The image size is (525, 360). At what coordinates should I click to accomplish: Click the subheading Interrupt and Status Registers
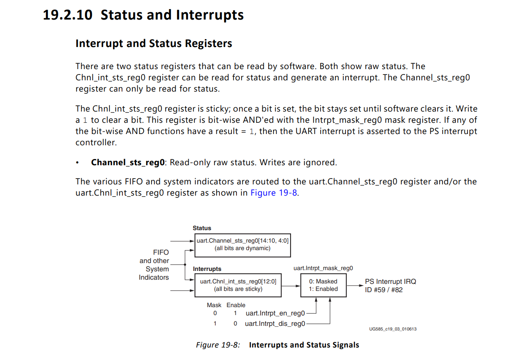[x=154, y=44]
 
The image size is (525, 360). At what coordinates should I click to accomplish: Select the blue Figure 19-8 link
[x=274, y=193]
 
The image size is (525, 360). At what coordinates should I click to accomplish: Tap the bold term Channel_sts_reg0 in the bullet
[x=128, y=162]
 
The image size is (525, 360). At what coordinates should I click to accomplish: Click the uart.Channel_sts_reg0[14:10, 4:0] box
[x=242, y=245]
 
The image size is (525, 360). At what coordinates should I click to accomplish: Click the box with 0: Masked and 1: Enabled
[x=323, y=285]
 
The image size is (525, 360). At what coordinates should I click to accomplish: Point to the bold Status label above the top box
[x=202, y=228]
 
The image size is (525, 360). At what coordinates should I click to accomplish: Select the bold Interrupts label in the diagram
[x=207, y=269]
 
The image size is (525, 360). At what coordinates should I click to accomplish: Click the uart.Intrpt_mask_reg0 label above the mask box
[x=323, y=268]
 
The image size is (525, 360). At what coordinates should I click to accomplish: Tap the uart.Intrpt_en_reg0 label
[x=275, y=313]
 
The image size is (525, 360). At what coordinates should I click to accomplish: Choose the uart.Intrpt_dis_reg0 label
[x=275, y=323]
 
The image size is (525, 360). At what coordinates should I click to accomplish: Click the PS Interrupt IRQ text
[x=390, y=282]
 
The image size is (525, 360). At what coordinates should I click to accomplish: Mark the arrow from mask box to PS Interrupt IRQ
[x=354, y=286]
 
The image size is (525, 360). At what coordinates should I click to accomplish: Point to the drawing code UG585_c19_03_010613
[x=393, y=329]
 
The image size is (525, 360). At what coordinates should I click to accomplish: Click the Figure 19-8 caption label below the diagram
[x=218, y=345]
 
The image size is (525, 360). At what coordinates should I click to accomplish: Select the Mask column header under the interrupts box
[x=214, y=305]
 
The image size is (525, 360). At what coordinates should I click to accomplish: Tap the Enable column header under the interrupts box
[x=236, y=305]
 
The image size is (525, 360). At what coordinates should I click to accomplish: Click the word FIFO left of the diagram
[x=161, y=252]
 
